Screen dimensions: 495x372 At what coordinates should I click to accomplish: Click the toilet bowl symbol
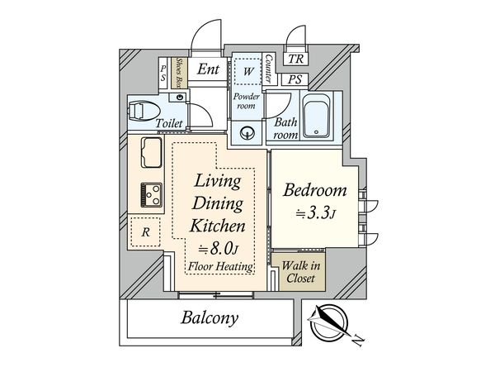coord(144,111)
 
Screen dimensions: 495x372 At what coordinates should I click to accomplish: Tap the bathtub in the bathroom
coord(316,116)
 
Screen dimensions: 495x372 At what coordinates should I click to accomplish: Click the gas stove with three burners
coord(152,195)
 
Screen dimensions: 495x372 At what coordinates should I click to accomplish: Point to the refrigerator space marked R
coord(145,231)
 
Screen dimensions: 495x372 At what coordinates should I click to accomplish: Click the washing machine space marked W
coord(247,71)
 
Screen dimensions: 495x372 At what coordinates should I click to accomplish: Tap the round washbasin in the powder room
coord(247,133)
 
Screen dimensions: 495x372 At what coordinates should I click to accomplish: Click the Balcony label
coord(210,318)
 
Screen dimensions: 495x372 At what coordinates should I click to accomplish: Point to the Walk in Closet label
coord(300,272)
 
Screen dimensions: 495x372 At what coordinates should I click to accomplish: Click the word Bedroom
coord(315,190)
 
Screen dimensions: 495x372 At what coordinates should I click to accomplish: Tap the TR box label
coord(295,59)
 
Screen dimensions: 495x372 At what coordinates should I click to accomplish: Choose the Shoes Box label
coord(179,73)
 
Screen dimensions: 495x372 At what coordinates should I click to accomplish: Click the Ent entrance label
coord(208,69)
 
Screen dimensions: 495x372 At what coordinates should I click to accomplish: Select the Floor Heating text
coord(220,266)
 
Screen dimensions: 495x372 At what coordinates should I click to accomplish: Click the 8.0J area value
coord(218,250)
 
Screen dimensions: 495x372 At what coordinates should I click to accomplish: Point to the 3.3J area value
coord(315,214)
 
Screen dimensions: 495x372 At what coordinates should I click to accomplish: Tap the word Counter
coord(269,69)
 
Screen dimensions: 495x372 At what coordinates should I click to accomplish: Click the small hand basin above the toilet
coord(180,97)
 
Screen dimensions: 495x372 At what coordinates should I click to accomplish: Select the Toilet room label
coord(169,123)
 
